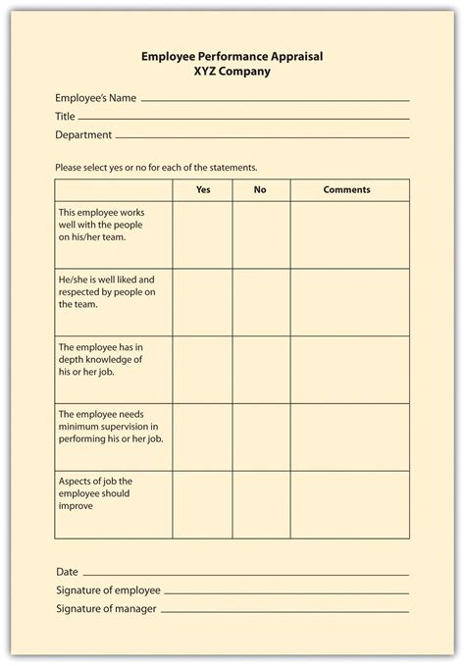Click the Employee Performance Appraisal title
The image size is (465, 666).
(x=232, y=57)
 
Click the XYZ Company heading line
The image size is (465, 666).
(x=232, y=72)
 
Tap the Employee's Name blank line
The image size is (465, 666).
(x=276, y=100)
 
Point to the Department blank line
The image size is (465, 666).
(x=262, y=136)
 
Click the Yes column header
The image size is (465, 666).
(x=203, y=190)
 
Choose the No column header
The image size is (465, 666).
(x=260, y=190)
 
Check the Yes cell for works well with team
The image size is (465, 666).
(x=203, y=235)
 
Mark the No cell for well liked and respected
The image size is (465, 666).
(x=261, y=303)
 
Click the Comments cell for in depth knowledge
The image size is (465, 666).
(x=349, y=370)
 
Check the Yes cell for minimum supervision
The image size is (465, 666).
(x=203, y=437)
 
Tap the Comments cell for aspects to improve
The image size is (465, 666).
(x=349, y=504)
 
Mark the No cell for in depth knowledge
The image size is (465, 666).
(x=261, y=370)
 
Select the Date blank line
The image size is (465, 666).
(x=245, y=574)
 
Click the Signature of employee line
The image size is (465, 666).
(x=285, y=592)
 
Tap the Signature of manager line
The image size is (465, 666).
(x=284, y=611)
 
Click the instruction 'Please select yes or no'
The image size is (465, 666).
(x=156, y=167)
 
